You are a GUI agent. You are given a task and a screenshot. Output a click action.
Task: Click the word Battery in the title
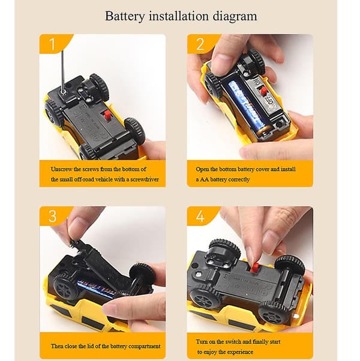(125, 16)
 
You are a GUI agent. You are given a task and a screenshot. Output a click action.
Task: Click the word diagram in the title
(235, 17)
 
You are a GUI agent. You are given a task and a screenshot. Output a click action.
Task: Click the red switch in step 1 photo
(107, 115)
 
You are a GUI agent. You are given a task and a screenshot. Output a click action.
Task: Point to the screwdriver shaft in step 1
(62, 71)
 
